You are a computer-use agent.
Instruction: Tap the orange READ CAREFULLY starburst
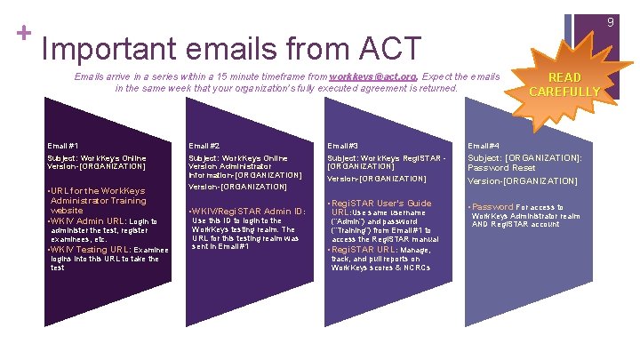coord(565,84)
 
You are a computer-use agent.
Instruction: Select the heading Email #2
coord(204,145)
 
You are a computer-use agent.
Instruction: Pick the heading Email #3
coord(343,145)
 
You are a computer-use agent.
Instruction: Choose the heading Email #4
coord(484,145)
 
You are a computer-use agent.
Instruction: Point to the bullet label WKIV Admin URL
coord(87,220)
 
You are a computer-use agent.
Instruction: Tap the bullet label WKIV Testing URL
coord(92,250)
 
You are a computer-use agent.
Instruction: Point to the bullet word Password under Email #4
coord(492,206)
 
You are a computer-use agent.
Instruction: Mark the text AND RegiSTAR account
coord(516,224)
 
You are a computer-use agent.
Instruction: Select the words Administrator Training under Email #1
coord(99,201)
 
